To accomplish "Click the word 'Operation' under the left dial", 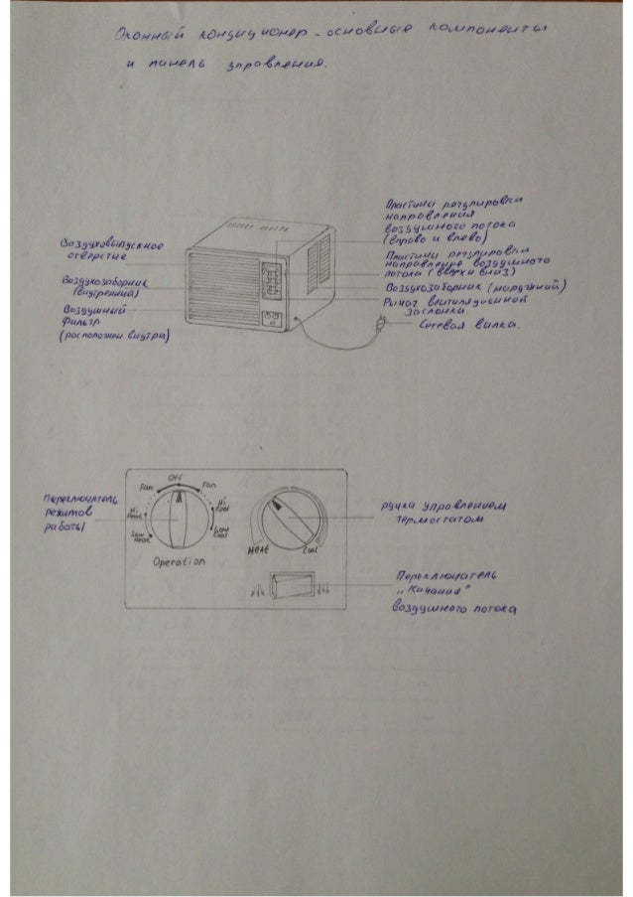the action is tap(179, 562).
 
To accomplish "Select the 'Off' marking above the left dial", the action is tap(175, 477).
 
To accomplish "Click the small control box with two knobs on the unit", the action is tap(270, 320).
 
